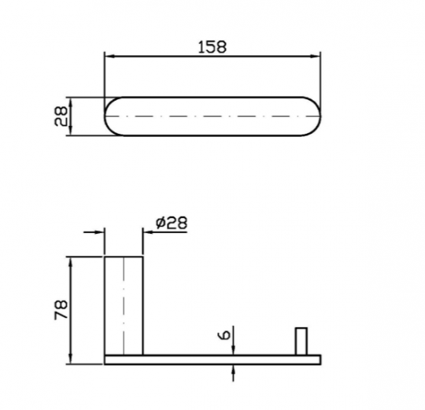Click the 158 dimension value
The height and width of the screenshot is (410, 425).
212,47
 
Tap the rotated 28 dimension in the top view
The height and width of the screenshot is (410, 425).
61,116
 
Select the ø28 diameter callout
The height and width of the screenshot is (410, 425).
172,223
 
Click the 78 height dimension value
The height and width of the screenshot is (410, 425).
61,310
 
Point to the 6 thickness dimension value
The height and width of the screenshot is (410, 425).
224,335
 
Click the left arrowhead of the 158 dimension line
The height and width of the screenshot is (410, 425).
109,57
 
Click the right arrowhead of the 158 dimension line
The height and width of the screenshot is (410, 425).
316,57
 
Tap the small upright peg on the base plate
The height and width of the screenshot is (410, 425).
301,342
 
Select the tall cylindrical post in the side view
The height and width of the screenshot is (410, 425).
124,305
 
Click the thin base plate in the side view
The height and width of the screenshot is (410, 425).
213,360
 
